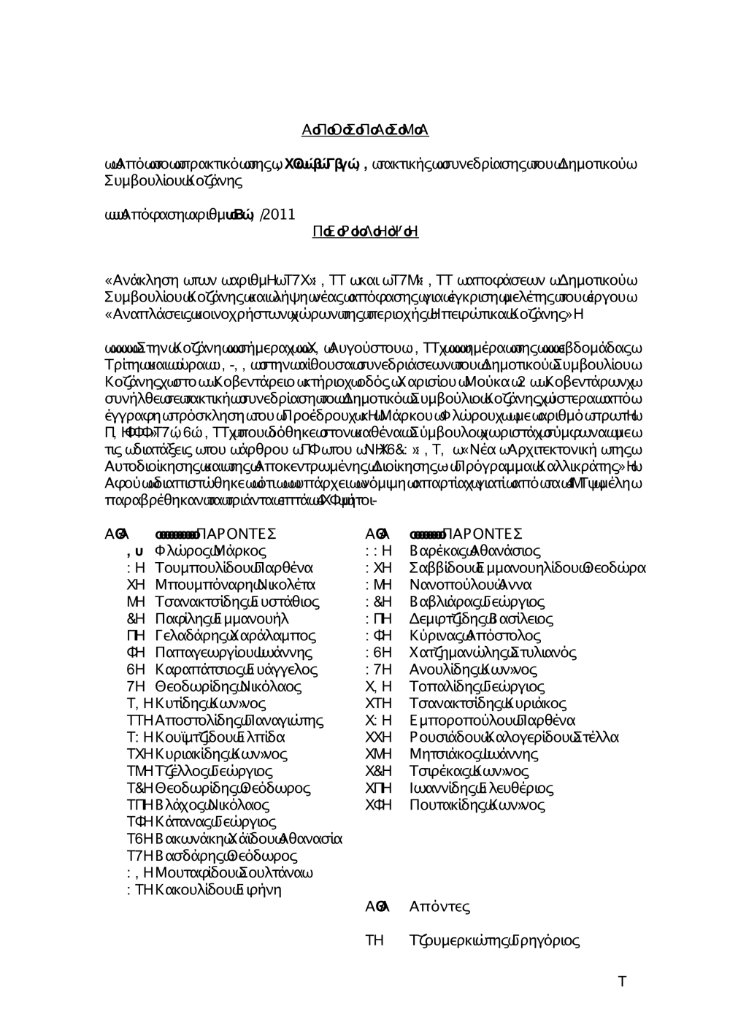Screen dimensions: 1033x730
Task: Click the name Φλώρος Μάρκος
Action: click(210, 551)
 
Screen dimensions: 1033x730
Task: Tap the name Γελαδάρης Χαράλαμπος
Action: click(236, 636)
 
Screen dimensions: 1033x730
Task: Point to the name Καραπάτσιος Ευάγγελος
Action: click(237, 669)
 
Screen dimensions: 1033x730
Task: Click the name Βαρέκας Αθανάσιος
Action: click(474, 551)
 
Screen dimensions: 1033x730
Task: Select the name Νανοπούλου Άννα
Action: click(470, 585)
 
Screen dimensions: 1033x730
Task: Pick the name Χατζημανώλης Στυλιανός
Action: click(493, 653)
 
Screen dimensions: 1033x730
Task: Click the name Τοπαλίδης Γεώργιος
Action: click(477, 687)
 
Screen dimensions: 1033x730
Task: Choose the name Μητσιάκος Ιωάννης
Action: click(474, 754)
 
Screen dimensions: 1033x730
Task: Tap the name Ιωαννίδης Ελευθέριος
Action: click(481, 788)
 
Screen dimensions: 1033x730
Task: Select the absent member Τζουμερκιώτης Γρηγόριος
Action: click(495, 941)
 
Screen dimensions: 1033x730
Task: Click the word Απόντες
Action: click(439, 907)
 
